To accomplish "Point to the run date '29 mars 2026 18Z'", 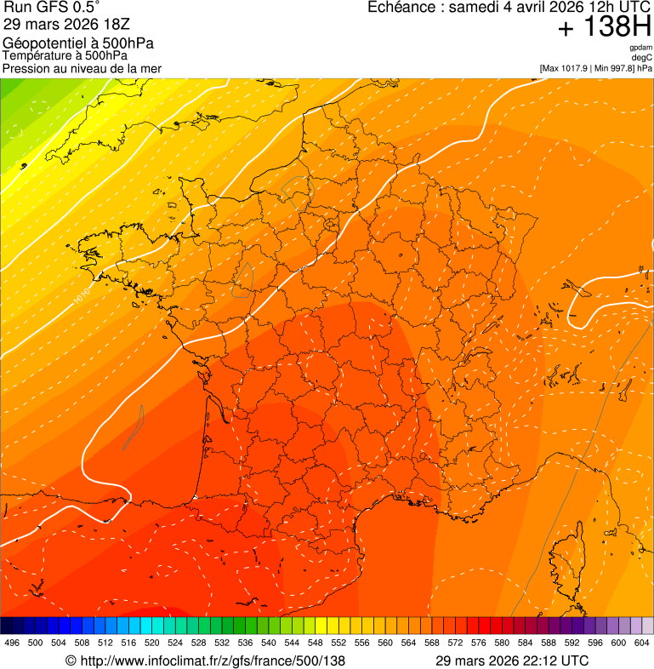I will pos(66,24).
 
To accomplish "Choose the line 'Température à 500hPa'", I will pos(71,55).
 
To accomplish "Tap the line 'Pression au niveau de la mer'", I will pos(82,68).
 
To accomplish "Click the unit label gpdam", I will pos(640,48).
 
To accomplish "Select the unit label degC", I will pos(642,57).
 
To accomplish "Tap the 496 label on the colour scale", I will pos(12,643).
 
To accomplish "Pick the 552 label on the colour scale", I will pos(338,643).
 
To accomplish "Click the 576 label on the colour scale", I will pos(479,643).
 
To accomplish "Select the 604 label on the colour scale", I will pos(642,643).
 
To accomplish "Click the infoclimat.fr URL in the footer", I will pos(213,660).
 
